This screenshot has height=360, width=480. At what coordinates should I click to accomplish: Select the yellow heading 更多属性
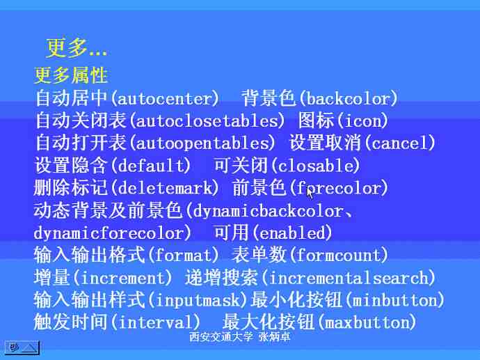pos(71,75)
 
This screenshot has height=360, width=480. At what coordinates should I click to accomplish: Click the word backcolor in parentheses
pos(348,99)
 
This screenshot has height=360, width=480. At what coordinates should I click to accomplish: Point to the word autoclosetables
pos(207,121)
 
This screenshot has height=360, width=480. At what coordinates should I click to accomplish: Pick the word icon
pos(363,121)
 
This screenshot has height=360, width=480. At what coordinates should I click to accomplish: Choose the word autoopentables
pos(202,143)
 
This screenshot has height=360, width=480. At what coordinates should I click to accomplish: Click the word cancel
pos(399,143)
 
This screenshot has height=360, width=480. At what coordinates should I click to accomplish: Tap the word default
pos(150,166)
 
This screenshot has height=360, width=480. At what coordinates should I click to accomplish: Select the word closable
pos(315,166)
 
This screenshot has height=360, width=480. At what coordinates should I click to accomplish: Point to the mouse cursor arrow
pos(310,194)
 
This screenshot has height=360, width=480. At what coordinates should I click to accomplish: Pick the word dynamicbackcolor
pos(268,211)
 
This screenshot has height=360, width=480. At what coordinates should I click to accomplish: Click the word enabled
pos(292,233)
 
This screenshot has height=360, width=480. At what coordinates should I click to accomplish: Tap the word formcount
pos(339,256)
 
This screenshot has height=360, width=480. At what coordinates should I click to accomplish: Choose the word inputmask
pos(198,300)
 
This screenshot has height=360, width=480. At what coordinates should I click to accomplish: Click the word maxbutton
pos(367,322)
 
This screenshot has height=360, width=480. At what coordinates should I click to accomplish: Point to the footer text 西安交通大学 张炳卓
pos(240,337)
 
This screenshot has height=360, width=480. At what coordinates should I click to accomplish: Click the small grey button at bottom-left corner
pos(22,347)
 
